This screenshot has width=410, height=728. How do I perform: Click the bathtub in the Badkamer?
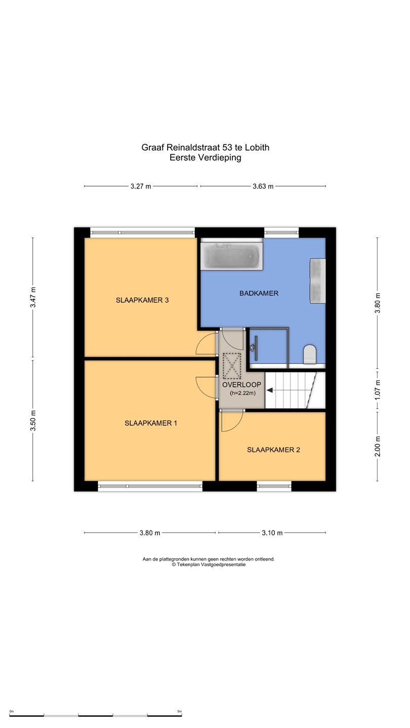pos(231,254)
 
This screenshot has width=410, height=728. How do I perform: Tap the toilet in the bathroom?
pos(310,354)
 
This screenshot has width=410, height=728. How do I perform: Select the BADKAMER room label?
pos(259,293)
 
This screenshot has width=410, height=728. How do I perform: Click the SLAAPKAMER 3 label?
pos(142,300)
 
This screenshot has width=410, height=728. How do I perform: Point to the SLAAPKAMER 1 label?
pos(151,423)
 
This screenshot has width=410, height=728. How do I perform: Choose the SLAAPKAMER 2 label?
pos(273,450)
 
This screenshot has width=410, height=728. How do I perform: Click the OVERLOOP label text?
pos(241,385)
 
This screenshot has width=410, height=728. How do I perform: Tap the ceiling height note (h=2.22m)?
pos(243,393)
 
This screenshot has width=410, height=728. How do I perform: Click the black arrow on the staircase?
pos(269,390)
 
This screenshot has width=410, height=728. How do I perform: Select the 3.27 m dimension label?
pos(141,187)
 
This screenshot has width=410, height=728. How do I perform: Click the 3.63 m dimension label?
pos(263,187)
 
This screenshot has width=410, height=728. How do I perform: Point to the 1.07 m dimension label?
pos(378,390)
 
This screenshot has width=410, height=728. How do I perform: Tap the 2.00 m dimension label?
pos(378,446)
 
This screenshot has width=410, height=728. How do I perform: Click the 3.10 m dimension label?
pos(272,533)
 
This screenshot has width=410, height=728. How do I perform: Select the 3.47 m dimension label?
pos(33,297)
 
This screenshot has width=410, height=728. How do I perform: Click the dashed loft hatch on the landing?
pos(232,366)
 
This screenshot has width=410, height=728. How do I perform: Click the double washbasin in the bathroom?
pos(317,281)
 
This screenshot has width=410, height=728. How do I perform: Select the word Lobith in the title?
pos(257,148)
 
